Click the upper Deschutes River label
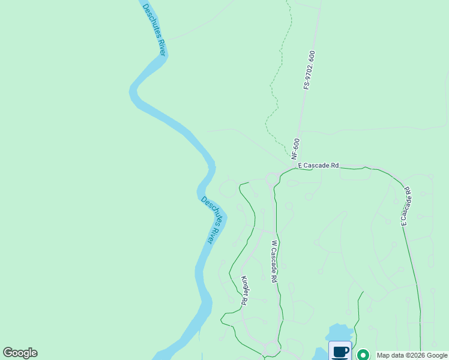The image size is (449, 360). point(154,29)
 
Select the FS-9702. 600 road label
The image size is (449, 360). point(309,71)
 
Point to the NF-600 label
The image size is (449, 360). point(296,148)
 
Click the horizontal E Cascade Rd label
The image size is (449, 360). point(318,165)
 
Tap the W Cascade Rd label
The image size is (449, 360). point(274,262)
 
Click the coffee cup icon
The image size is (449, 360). point(340,351)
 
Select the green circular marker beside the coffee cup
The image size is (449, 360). point(363,355)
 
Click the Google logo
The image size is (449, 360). point(20,353)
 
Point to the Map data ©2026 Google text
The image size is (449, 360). point(412,355)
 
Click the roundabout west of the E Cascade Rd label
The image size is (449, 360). point(271,178)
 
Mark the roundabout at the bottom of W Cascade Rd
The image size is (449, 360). point(272,348)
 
